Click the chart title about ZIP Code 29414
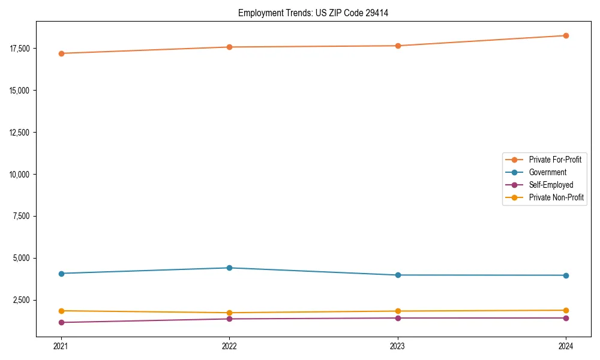313,13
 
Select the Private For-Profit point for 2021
61,53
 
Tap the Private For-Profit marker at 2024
566,35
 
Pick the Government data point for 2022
229,268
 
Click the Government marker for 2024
566,275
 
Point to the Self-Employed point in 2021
61,322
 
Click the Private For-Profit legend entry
555,160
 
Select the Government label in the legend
547,172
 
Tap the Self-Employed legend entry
551,185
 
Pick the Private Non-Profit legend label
556,197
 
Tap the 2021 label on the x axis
61,346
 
